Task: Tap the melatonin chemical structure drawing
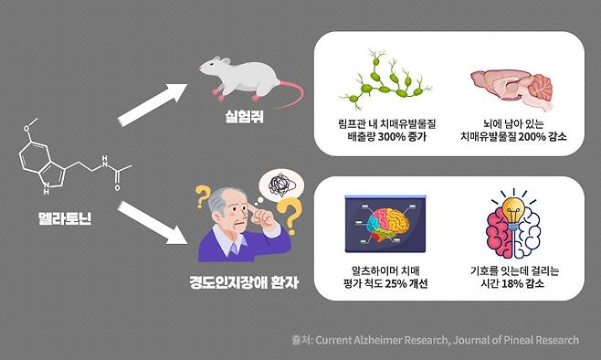[x=69, y=164]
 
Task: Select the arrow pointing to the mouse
[x=155, y=104]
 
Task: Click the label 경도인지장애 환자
[x=237, y=284]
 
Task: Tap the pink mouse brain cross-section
[x=512, y=88]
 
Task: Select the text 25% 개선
[x=405, y=283]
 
